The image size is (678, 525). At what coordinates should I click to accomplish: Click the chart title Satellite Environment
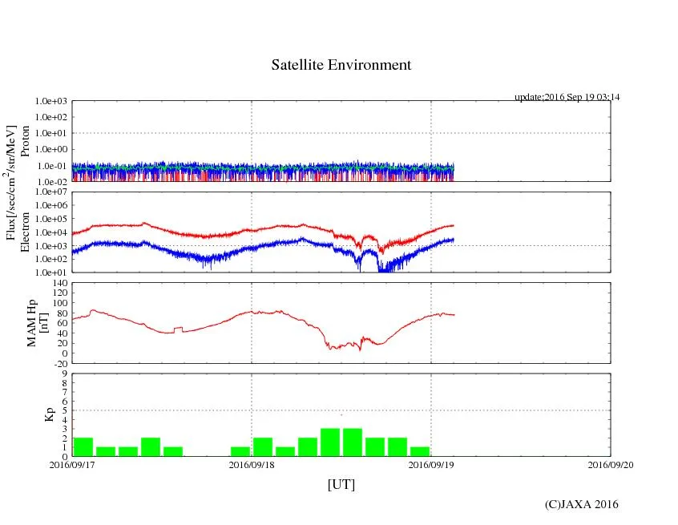[341, 65]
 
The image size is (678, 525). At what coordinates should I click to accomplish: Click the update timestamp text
[567, 97]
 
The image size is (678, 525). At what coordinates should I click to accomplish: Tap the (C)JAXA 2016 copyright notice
[581, 504]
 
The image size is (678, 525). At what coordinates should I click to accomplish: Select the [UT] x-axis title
[341, 484]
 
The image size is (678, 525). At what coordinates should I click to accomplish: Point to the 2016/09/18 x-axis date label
[252, 464]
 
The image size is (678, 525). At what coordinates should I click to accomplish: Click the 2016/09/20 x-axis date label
[611, 464]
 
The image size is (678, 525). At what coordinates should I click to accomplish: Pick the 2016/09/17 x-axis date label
[72, 464]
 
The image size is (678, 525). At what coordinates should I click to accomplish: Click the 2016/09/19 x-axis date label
[431, 464]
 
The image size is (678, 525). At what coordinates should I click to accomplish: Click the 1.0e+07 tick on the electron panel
[50, 192]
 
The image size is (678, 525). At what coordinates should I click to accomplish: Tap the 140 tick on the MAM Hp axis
[58, 283]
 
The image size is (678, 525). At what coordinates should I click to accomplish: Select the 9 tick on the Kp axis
[63, 374]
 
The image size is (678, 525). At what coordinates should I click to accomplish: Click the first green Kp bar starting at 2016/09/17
[83, 446]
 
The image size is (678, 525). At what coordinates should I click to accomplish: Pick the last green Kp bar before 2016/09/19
[420, 451]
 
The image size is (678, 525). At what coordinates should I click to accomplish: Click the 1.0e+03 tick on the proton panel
[50, 102]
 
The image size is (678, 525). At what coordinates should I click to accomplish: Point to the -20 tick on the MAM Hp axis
[58, 363]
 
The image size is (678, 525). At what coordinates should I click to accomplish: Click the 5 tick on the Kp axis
[63, 410]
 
